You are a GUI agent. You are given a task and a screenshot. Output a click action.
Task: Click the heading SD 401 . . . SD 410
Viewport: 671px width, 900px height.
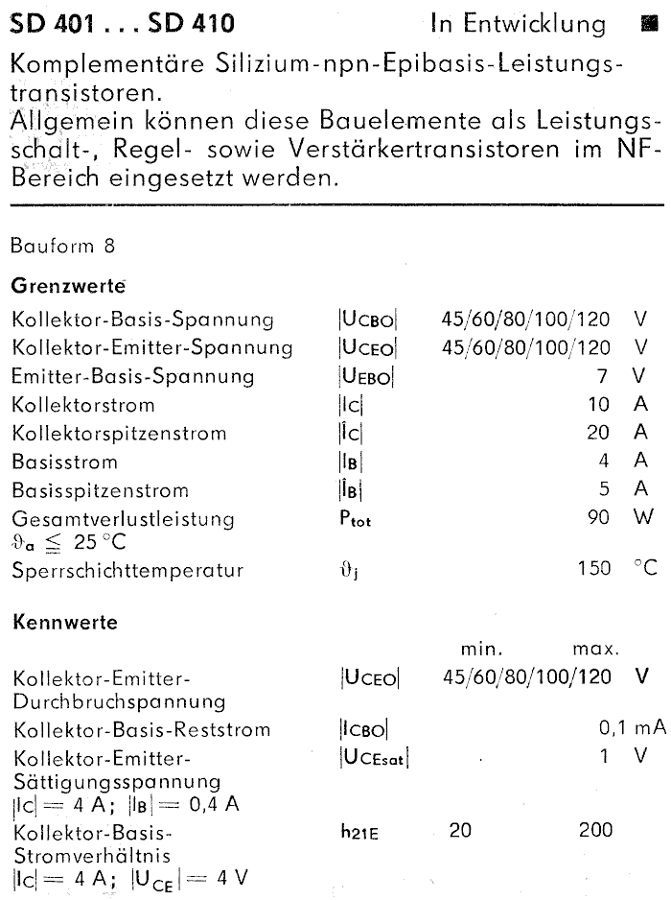pos(122,22)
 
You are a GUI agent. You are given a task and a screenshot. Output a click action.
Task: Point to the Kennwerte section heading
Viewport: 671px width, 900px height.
pos(64,622)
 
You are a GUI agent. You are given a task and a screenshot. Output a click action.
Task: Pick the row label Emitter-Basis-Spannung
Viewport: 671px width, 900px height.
pos(133,375)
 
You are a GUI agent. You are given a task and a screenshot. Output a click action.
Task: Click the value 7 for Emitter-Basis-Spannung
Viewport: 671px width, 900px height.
pos(605,375)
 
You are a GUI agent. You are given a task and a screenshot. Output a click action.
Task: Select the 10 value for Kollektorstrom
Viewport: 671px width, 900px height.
pos(598,404)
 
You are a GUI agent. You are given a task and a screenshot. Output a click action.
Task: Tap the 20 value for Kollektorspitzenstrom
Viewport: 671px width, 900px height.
pos(598,433)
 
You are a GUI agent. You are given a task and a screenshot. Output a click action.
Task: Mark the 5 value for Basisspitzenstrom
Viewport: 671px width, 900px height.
pos(605,490)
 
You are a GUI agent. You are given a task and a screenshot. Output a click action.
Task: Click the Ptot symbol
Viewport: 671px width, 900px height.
pos(355,519)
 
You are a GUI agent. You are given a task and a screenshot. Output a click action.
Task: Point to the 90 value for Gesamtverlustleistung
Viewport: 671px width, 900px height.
pos(598,519)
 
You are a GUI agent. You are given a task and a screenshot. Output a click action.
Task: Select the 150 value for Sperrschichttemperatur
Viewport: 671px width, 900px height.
pos(593,569)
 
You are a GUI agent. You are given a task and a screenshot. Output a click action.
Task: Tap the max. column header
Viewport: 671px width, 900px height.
pos(595,650)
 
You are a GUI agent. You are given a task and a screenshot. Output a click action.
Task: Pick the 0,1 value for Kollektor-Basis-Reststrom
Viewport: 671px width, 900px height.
pos(613,730)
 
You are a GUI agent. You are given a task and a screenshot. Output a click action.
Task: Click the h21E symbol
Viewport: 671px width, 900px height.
pos(359,832)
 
